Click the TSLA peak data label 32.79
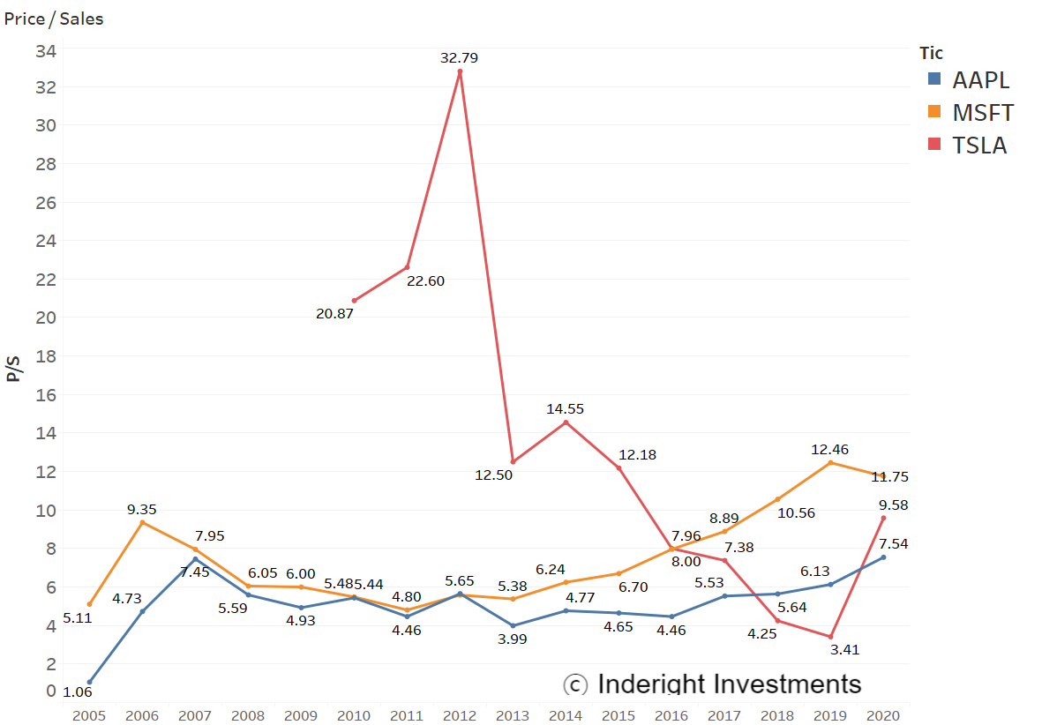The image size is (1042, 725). coord(459,58)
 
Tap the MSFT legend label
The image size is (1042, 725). coord(983,113)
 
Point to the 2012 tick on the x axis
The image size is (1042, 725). coord(460,715)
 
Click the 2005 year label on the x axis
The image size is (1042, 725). coord(89,715)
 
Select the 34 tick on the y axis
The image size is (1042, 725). coord(46,50)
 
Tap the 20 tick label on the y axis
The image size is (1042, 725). coord(46,318)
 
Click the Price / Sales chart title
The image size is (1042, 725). coord(54,19)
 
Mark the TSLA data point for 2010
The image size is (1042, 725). coord(355,301)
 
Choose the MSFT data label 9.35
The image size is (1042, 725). coord(142,509)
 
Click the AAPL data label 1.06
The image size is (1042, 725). coord(78,691)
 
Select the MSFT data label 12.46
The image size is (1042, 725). coord(829,450)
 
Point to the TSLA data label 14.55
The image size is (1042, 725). coord(566,409)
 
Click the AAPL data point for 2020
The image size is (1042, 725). coord(883,557)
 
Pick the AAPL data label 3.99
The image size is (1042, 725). coord(512,639)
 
